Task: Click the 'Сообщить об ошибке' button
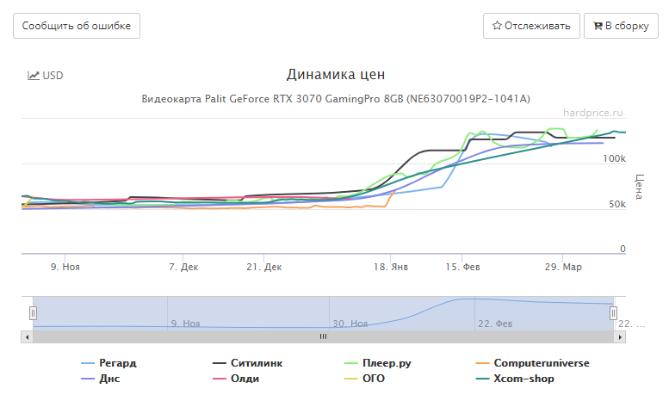coord(77,26)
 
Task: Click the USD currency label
coord(46,76)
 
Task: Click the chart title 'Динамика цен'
coord(335,75)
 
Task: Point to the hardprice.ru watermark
coord(592,112)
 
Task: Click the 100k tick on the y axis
coord(614,159)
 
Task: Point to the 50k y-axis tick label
coord(616,205)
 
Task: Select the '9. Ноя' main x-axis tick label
coord(65,268)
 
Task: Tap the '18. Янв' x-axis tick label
coord(391,268)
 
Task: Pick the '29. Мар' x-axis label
coord(563,268)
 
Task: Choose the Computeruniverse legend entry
coord(541,363)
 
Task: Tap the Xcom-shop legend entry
coord(523,379)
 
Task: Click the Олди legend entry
coord(245,379)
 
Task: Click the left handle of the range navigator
coord(34,313)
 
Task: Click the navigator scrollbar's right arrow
coord(617,336)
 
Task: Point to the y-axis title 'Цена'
coord(639,187)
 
